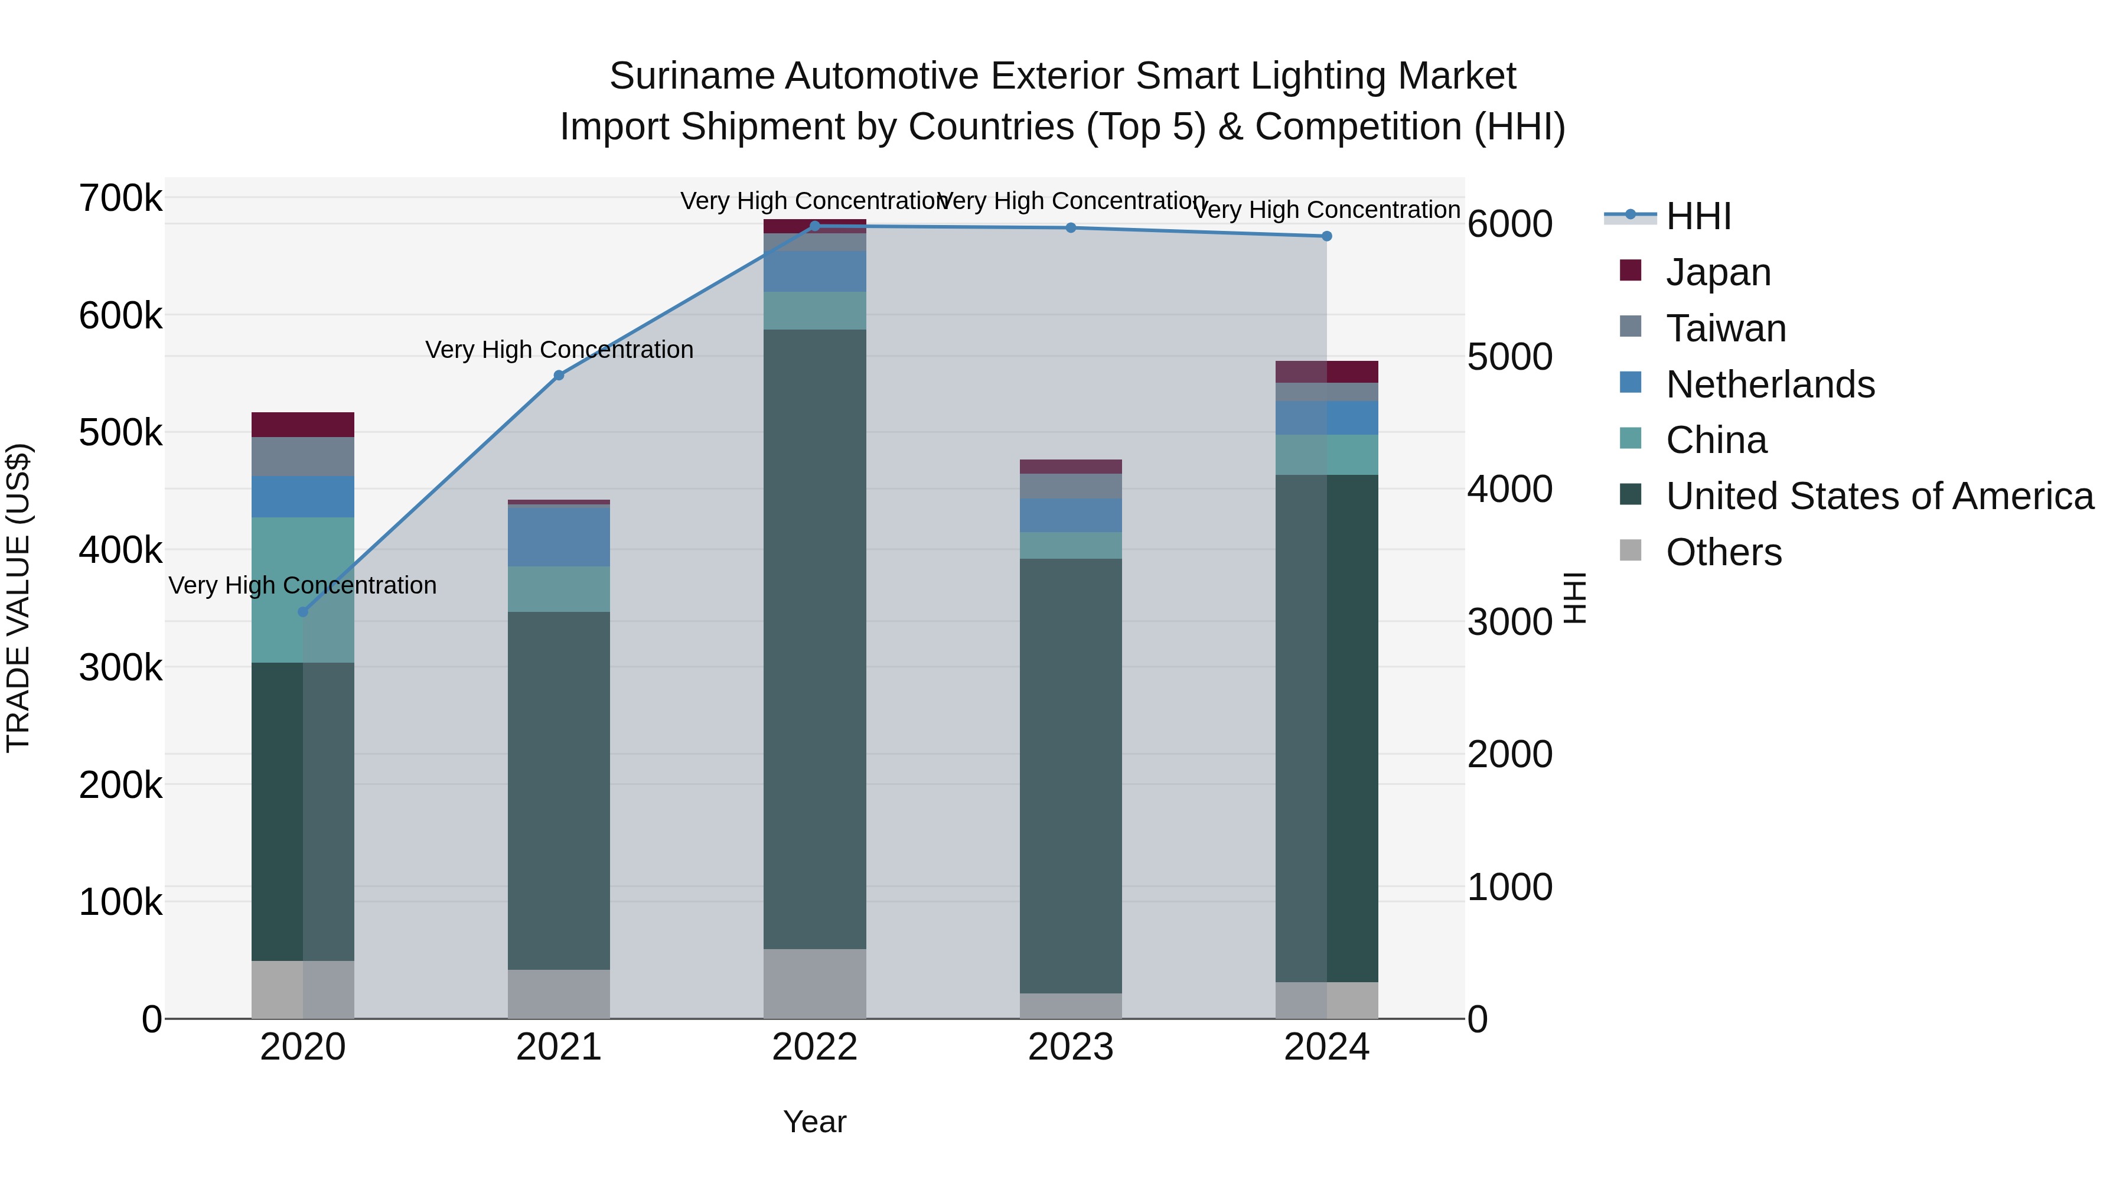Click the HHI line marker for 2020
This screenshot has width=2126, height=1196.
coord(303,612)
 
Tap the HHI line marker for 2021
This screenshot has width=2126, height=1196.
coord(559,376)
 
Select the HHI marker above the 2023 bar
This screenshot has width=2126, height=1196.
coord(1071,228)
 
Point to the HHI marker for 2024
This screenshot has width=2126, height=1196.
coord(1327,236)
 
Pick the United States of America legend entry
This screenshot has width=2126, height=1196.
coord(1879,496)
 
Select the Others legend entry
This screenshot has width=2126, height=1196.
coord(1723,552)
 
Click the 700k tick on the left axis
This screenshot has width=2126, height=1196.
coord(120,199)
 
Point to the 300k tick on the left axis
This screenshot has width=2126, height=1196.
coord(120,668)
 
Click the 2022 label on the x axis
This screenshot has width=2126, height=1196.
coord(814,1047)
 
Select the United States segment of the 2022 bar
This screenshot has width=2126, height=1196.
coord(814,640)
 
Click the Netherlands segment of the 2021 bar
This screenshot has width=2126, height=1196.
coord(559,536)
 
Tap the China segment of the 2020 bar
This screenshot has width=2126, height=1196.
coord(303,589)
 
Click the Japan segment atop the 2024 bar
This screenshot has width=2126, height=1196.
coord(1327,371)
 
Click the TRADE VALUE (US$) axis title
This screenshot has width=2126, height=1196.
coord(18,598)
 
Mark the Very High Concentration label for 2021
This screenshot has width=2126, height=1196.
coord(559,350)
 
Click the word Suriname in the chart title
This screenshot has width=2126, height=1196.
coord(691,76)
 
